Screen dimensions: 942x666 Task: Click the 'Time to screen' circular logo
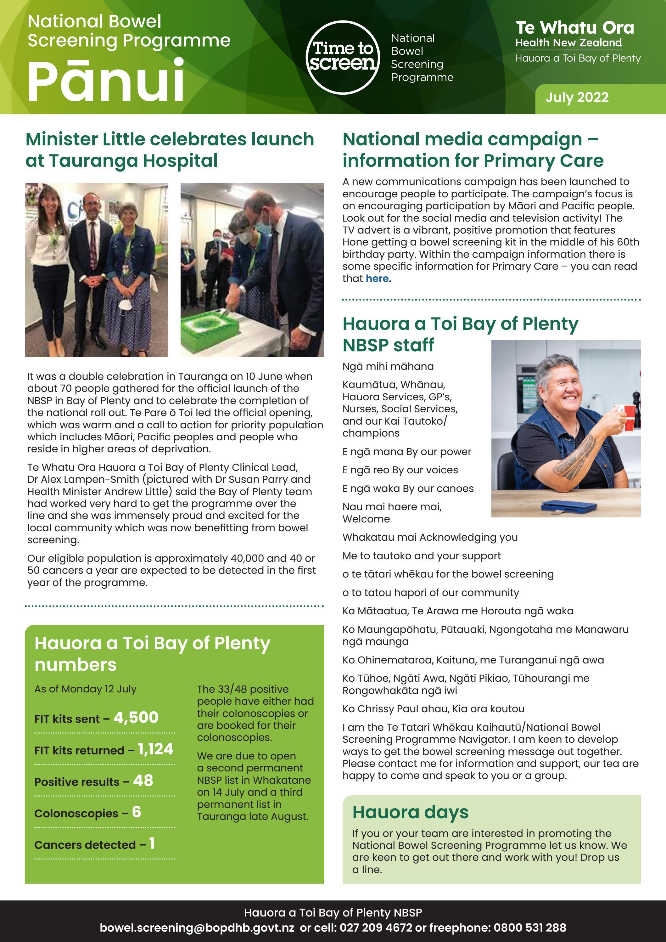pyautogui.click(x=342, y=57)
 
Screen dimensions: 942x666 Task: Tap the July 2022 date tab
pyautogui.click(x=577, y=98)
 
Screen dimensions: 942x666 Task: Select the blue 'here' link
pyautogui.click(x=377, y=279)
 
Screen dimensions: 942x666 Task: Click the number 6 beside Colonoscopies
pyautogui.click(x=137, y=812)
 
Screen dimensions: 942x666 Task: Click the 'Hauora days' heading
pyautogui.click(x=410, y=812)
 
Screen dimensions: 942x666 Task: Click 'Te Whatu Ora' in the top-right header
pyautogui.click(x=574, y=28)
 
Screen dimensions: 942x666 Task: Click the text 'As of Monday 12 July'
pyautogui.click(x=85, y=689)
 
